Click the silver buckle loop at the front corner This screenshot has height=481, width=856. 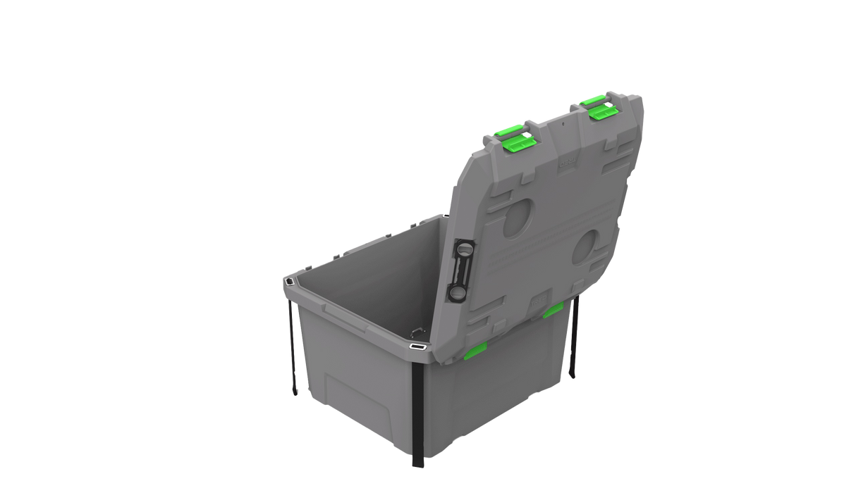(417, 346)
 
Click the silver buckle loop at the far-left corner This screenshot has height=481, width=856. (290, 282)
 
